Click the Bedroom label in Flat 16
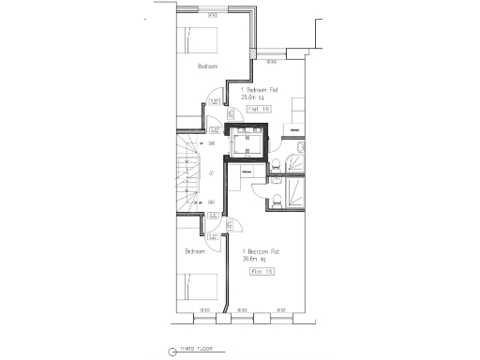pyautogui.click(x=207, y=67)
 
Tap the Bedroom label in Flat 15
pyautogui.click(x=194, y=251)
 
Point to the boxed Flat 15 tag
pyautogui.click(x=262, y=272)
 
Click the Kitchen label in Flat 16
pyautogui.click(x=294, y=129)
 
